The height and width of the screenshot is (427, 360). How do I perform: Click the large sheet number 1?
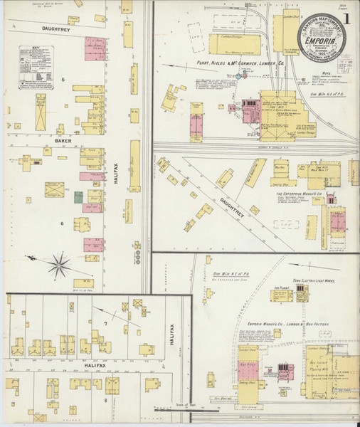pos(346,18)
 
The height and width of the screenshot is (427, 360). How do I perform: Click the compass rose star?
pos(60,266)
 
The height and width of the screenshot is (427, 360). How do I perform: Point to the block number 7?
pos(105,324)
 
